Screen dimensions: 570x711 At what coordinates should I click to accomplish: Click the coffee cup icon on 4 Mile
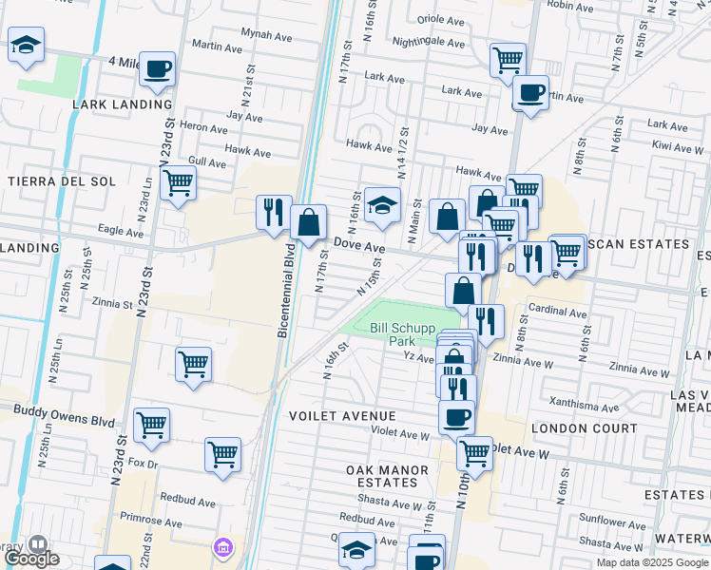(x=157, y=68)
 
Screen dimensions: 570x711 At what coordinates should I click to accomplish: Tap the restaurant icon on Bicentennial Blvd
(x=274, y=212)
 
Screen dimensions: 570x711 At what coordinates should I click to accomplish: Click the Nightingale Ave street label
(x=429, y=43)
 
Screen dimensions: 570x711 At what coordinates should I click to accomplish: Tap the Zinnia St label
(x=112, y=304)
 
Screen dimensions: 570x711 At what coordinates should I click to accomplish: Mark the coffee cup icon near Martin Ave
(x=530, y=93)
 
